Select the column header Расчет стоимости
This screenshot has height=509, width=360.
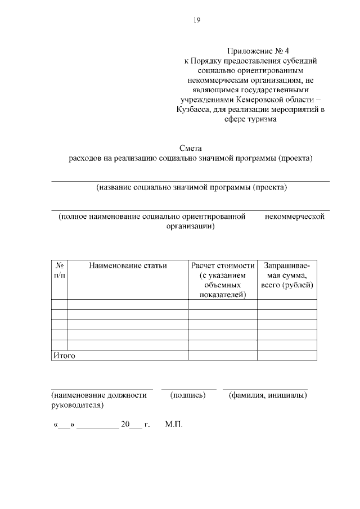click(x=223, y=265)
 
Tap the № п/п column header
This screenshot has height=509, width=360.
click(x=59, y=270)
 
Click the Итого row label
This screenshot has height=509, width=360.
click(x=64, y=355)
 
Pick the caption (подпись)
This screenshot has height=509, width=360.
click(x=188, y=395)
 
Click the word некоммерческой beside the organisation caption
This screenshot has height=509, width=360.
click(x=295, y=217)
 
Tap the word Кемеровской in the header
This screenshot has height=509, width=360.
click(x=253, y=98)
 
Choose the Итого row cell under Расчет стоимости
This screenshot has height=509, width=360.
click(x=223, y=355)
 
